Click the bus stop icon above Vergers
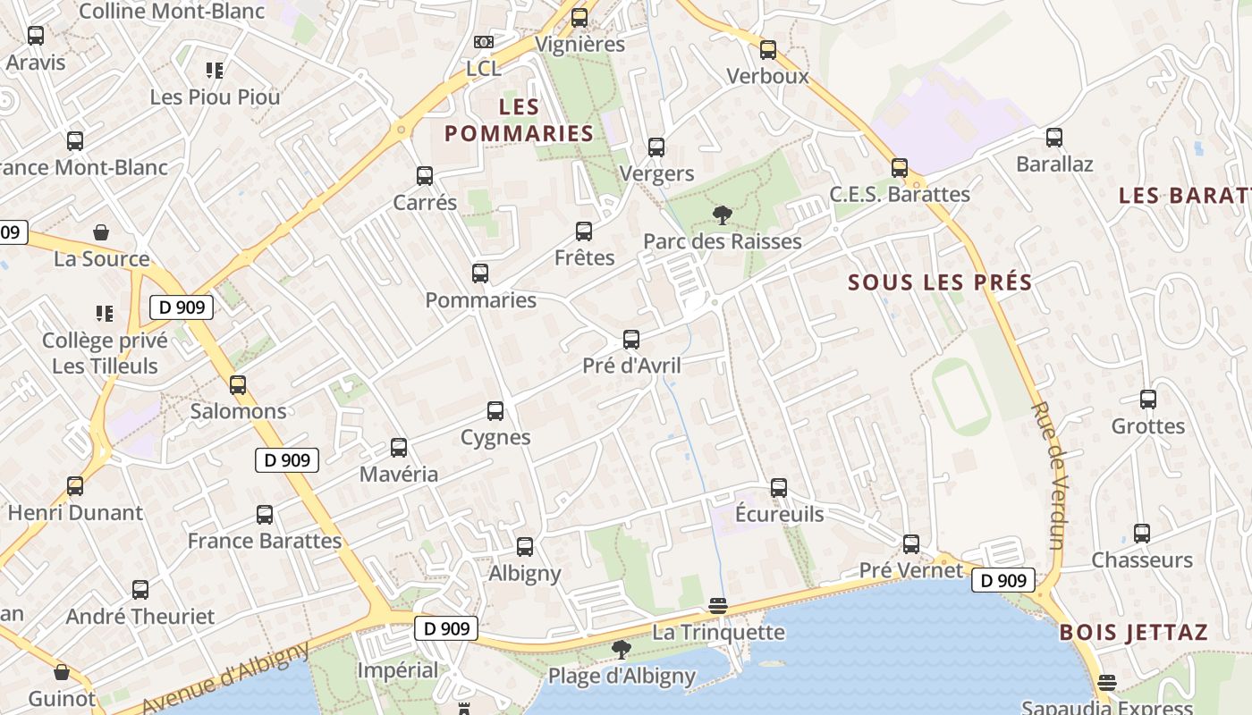656,147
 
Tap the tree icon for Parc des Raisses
722,214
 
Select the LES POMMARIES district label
519,121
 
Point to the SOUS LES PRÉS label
940,282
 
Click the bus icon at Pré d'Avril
631,340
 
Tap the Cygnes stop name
495,437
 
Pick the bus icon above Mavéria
399,448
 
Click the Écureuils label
779,514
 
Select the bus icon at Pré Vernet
910,543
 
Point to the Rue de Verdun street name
1047,475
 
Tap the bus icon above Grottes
1148,400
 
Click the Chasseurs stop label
1141,560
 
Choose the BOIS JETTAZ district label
1133,633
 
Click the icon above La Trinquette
717,606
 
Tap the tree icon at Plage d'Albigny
621,650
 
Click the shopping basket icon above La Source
101,232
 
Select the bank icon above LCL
483,42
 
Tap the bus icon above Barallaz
1054,138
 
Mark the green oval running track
960,396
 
